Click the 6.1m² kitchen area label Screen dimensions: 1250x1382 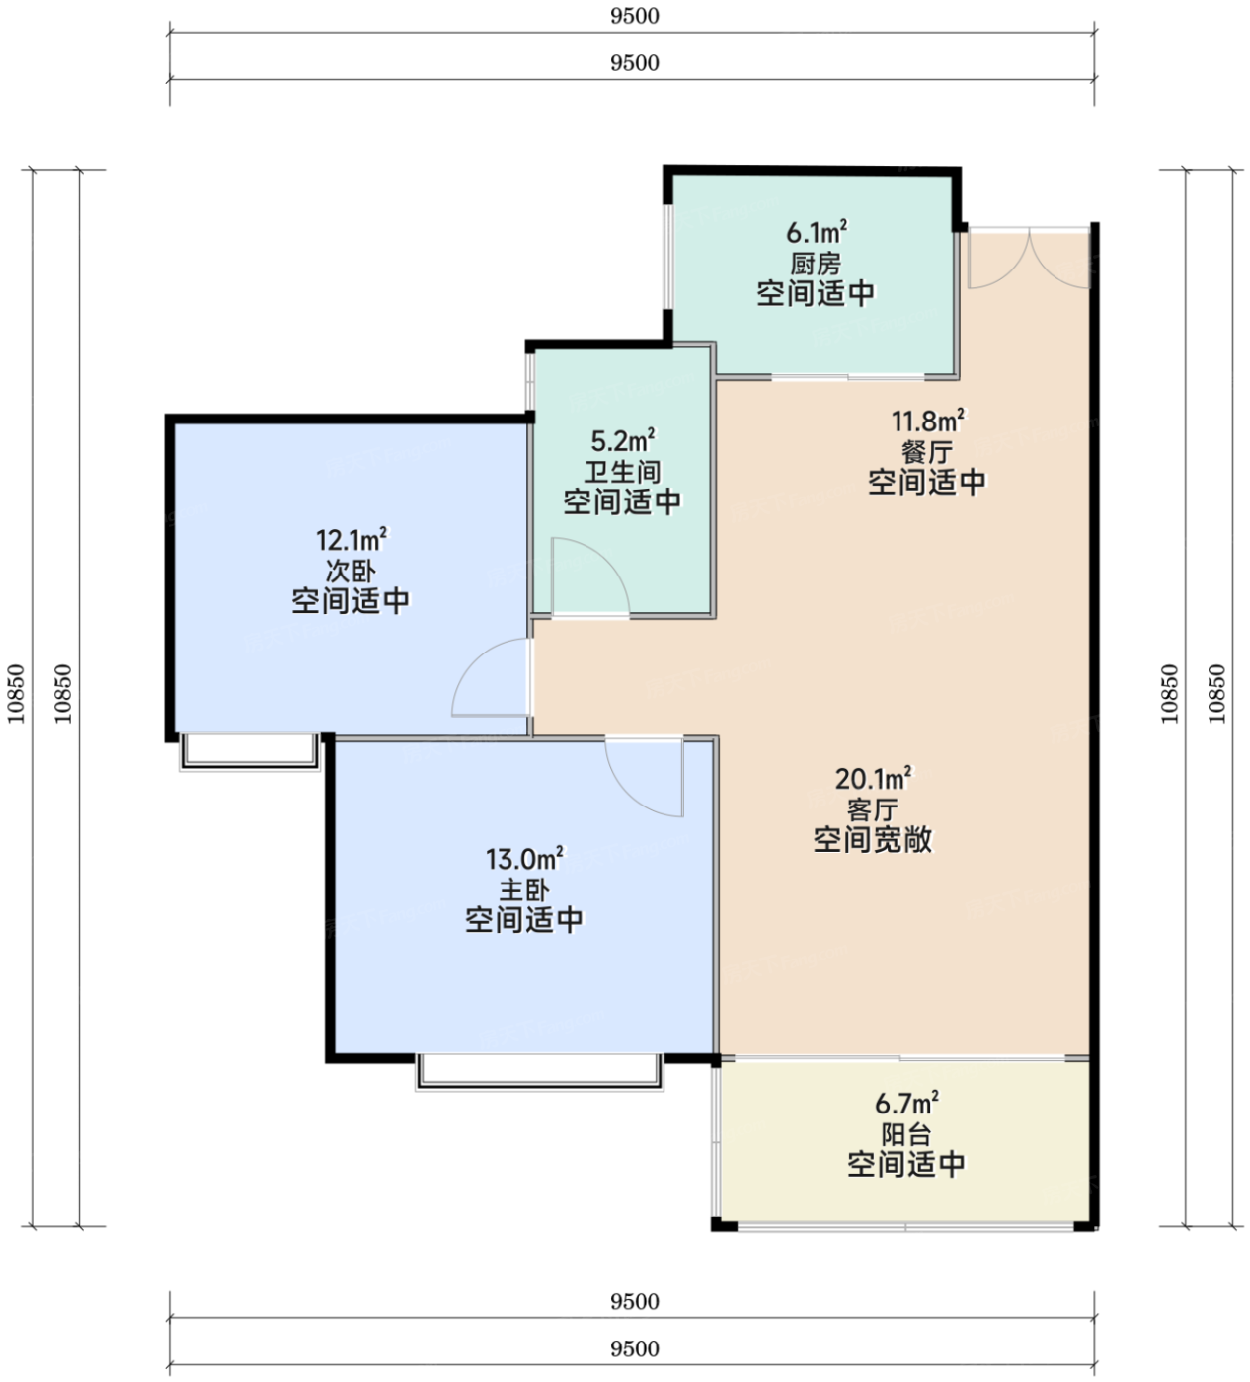817,233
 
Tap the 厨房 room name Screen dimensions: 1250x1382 816,264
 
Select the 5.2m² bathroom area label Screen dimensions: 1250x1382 623,440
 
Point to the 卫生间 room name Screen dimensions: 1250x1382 622,472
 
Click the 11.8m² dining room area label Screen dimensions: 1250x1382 928,421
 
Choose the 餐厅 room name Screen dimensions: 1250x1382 927,452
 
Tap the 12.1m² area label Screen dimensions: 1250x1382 352,540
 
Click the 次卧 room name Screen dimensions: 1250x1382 351,572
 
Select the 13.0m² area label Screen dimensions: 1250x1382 524,859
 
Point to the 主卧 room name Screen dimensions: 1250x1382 523,890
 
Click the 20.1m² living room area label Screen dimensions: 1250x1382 873,779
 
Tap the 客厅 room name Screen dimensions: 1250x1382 873,810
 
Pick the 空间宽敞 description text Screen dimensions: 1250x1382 873,840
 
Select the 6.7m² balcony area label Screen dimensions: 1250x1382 906,1104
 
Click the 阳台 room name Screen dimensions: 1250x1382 905,1134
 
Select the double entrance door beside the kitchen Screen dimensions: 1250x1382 1030,259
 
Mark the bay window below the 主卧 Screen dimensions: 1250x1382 539,1072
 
